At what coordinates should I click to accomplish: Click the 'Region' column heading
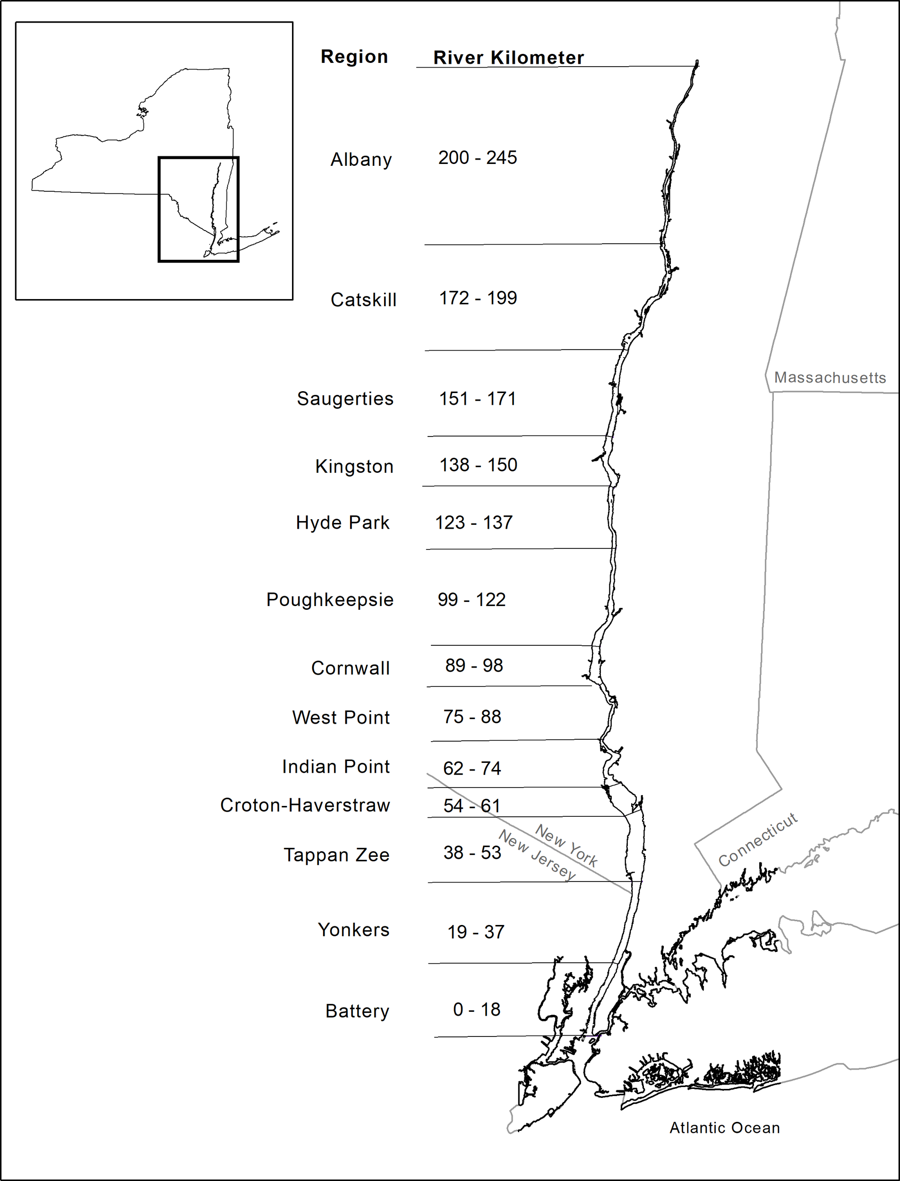354,57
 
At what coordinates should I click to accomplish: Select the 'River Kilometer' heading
508,58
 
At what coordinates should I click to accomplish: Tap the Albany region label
361,160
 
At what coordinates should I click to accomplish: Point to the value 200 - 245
477,157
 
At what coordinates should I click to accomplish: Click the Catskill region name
363,300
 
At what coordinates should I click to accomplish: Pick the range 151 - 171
477,399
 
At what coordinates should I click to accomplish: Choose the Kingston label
354,467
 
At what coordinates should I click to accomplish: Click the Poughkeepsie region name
329,600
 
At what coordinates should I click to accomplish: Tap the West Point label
341,717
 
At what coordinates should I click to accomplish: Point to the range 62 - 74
471,769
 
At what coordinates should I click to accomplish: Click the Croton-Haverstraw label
305,805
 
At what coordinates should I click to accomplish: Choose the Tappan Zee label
336,855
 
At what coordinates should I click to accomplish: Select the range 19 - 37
476,932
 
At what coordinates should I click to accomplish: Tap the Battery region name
357,1011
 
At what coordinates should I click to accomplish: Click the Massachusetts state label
830,377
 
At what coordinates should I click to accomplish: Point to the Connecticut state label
757,839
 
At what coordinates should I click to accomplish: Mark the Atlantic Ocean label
724,1128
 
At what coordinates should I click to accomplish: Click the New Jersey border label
537,855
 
